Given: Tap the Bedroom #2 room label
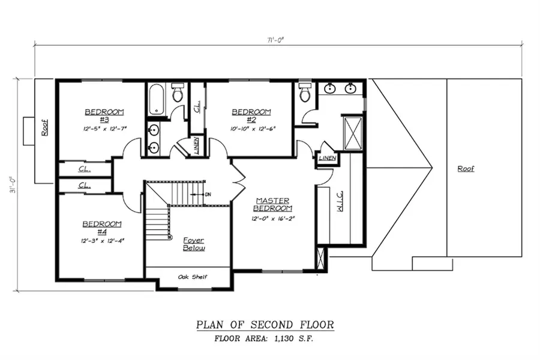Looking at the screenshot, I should pos(251,116).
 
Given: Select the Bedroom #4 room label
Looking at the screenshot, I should pos(102,227).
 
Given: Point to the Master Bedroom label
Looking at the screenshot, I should pos(274,205).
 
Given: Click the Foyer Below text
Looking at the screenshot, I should pos(194,244).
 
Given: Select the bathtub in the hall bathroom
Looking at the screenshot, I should pos(157,100).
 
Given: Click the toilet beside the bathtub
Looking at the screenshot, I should pos(178,93).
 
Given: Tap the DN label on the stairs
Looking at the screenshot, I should pos(208,194).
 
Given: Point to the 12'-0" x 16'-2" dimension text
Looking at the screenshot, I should pos(274,218).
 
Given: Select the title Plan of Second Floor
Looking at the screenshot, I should pos(265,325).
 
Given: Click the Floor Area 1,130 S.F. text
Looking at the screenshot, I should pos(265,339).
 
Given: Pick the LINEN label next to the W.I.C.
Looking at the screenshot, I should pos(327,158).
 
